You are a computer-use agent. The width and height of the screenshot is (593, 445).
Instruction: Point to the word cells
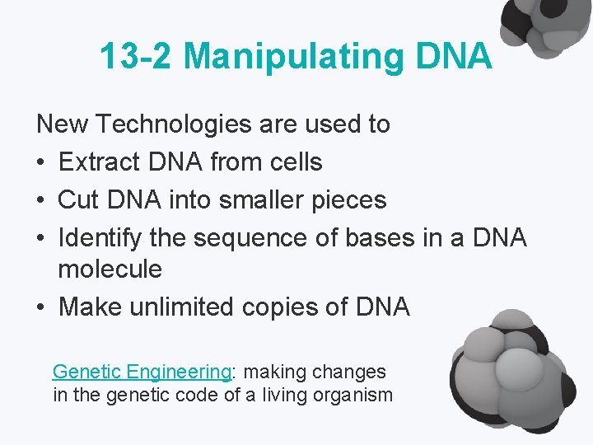pyautogui.click(x=295, y=162)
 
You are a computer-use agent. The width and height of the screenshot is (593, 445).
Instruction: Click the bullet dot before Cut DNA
pyautogui.click(x=41, y=200)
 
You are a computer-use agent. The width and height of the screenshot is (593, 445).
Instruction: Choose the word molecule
pyautogui.click(x=110, y=269)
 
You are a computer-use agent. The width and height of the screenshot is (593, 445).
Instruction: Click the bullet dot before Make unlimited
pyautogui.click(x=41, y=307)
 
